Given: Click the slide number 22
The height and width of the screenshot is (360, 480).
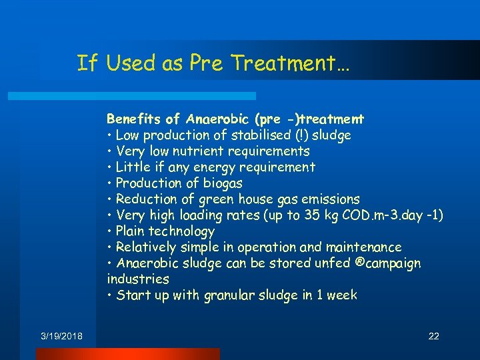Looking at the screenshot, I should pos(433,336).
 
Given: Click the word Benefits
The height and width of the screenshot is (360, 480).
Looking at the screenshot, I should pos(135,119).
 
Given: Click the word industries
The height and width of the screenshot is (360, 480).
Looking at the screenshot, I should pos(138,279).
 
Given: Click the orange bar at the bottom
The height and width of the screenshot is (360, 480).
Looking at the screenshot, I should pos(127,353).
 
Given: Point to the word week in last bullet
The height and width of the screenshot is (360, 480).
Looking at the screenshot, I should pos(341,295).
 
